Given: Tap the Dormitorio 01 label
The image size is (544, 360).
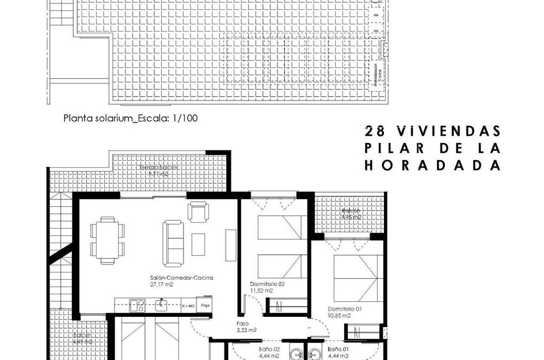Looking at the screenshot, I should coord(345,309).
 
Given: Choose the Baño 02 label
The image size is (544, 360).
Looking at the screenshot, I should coord(269,350).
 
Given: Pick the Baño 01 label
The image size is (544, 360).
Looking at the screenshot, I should coord(338,350).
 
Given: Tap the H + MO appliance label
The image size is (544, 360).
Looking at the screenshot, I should coord(188,305).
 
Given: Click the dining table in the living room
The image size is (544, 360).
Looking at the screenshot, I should coord(106,237).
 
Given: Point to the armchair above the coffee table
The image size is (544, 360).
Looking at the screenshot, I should coord(198,212).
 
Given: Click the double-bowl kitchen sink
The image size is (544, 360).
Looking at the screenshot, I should coord(137,305).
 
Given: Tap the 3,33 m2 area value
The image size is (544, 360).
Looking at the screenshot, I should coord(246,330).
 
